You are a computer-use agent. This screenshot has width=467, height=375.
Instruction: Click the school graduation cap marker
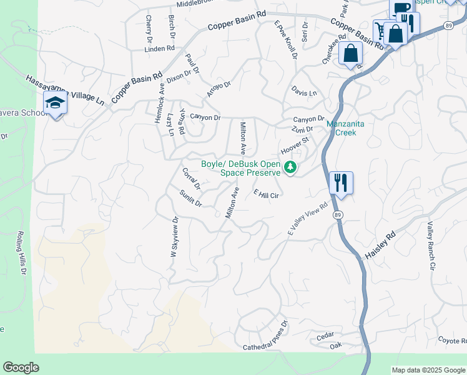click(55, 104)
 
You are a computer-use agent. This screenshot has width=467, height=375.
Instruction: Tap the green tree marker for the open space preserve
click(290, 167)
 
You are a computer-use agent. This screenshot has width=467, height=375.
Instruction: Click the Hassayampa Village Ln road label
click(64, 90)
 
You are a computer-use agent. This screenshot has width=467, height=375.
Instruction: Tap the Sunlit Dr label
click(190, 198)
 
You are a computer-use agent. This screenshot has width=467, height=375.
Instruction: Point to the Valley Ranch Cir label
click(430, 246)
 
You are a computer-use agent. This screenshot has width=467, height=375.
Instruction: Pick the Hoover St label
click(295, 147)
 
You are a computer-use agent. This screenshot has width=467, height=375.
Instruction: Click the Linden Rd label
click(159, 48)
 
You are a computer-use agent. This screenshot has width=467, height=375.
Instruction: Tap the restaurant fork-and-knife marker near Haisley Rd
click(340, 183)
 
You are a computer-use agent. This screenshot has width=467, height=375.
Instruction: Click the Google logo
click(21, 367)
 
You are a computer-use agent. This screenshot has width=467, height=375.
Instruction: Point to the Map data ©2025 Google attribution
click(428, 370)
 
